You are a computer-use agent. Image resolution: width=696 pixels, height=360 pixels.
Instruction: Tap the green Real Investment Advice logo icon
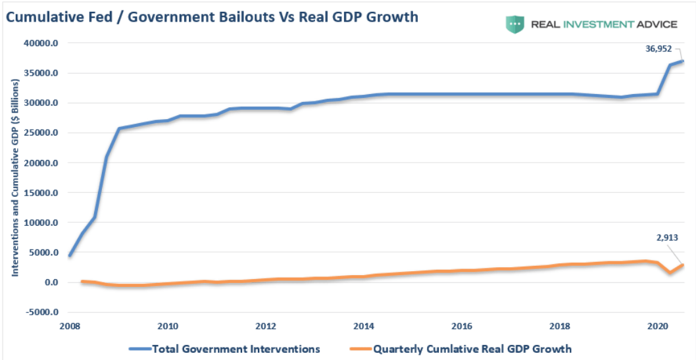pyautogui.click(x=515, y=24)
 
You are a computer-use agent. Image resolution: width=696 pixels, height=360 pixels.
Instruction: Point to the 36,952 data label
pyautogui.click(x=659, y=49)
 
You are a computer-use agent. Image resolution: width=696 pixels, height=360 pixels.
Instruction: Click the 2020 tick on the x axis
pyautogui.click(x=657, y=326)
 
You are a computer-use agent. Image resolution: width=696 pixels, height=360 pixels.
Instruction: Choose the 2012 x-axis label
pyautogui.click(x=266, y=326)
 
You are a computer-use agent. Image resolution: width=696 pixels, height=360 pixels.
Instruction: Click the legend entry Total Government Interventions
pyautogui.click(x=224, y=349)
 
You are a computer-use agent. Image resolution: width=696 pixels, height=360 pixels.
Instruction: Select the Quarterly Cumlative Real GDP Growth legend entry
pyautogui.click(x=460, y=349)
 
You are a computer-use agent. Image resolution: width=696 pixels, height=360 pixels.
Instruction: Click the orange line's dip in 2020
pyautogui.click(x=670, y=272)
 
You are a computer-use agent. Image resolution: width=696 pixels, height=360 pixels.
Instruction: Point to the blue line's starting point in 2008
pyautogui.click(x=70, y=255)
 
